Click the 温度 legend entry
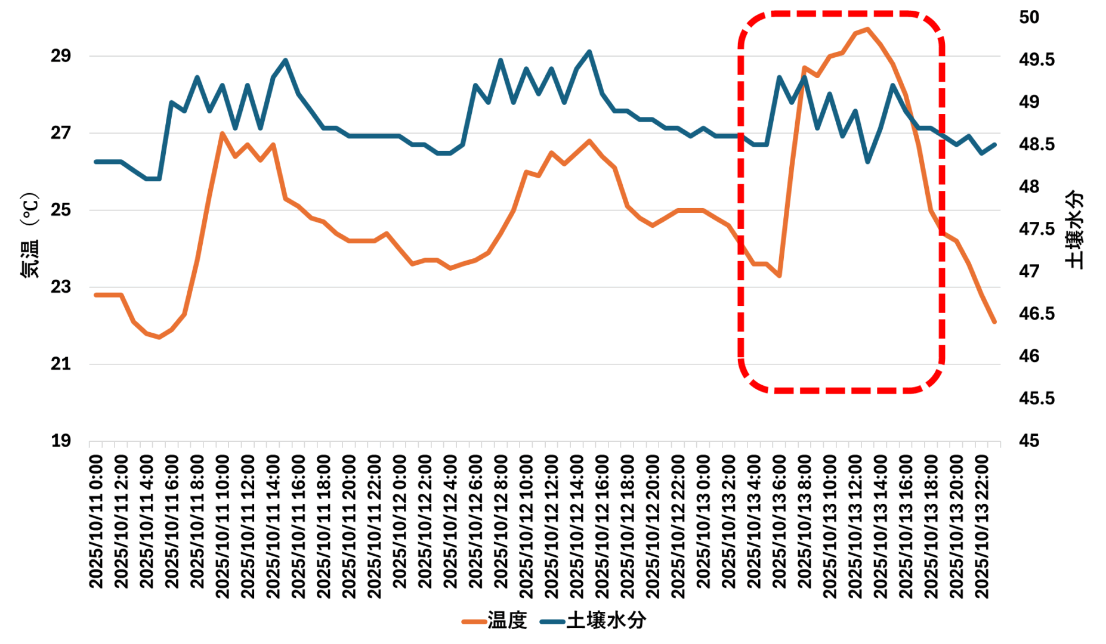tap(495, 621)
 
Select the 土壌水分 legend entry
tap(593, 621)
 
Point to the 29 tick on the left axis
tap(61, 56)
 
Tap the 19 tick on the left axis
tap(61, 441)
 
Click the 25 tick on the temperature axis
tap(61, 210)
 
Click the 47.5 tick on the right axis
tap(1036, 229)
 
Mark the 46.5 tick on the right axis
tap(1036, 314)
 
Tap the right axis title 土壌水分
tap(1075, 230)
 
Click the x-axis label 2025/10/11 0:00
tap(96, 522)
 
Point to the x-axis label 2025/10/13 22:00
tap(981, 527)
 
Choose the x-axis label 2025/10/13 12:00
tap(855, 527)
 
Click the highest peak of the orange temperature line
tap(867, 29)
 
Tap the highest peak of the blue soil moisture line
tap(589, 51)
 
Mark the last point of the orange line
tap(994, 322)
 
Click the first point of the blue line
tap(96, 162)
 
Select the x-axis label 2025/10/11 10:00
tap(223, 527)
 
